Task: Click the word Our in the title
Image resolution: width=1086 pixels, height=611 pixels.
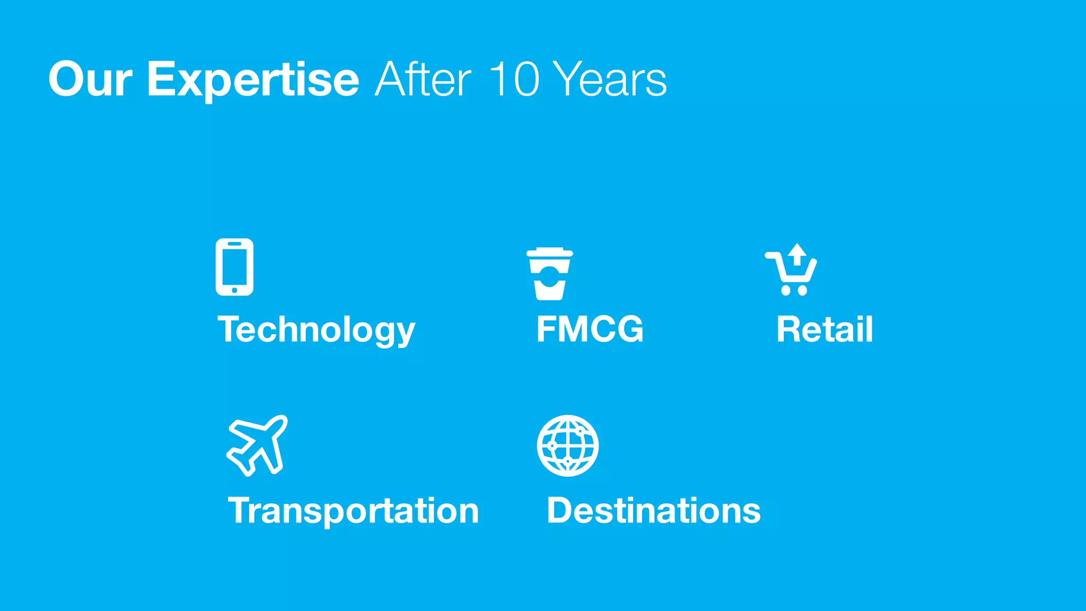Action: click(x=90, y=80)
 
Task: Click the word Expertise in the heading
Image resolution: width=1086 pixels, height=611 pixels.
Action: click(x=253, y=80)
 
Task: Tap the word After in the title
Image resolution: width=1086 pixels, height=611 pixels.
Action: click(x=423, y=80)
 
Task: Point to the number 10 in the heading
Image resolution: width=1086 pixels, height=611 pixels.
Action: click(x=513, y=80)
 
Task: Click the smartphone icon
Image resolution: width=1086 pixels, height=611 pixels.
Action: click(x=234, y=267)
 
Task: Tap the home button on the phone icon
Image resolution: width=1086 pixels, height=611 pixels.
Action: click(x=234, y=290)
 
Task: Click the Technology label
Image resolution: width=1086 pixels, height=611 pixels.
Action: click(x=316, y=330)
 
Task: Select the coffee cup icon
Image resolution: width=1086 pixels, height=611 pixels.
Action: click(x=549, y=274)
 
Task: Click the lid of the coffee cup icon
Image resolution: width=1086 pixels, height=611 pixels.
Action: click(x=549, y=253)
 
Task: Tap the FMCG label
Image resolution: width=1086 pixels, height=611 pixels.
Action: click(x=590, y=329)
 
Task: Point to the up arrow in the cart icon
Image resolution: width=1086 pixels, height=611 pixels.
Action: click(x=796, y=254)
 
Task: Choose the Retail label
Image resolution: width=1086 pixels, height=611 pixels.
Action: click(x=825, y=329)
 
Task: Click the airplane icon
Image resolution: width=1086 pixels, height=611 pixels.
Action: click(x=258, y=446)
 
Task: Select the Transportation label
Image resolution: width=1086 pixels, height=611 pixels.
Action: click(x=353, y=511)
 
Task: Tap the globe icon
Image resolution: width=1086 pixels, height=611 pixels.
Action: click(x=567, y=446)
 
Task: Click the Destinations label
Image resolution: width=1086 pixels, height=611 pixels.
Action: click(x=653, y=511)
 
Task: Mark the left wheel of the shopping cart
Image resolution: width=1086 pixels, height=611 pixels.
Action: click(x=785, y=290)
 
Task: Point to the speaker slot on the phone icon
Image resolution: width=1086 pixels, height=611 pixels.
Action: click(x=234, y=244)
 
